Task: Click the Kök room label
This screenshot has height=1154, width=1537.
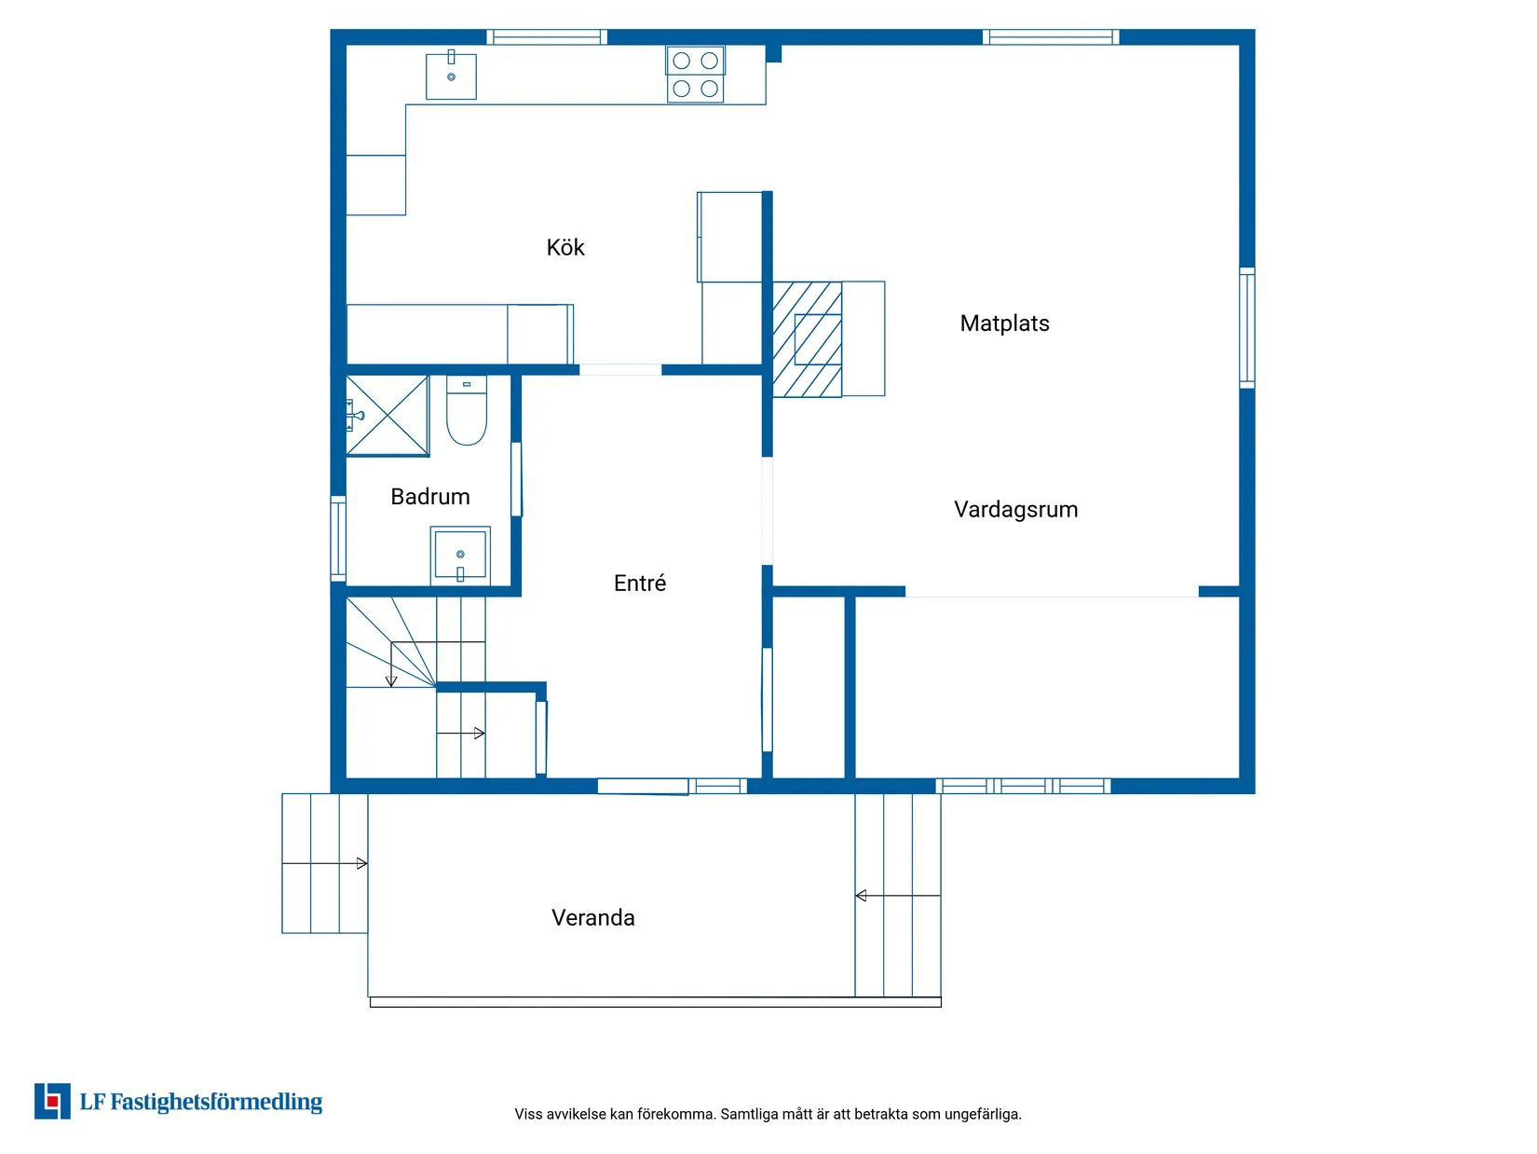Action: click(x=565, y=247)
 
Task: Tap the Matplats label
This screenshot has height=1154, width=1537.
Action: click(x=1004, y=323)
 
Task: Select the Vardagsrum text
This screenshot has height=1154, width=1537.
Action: click(x=1015, y=509)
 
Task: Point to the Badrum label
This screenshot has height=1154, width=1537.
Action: click(x=430, y=497)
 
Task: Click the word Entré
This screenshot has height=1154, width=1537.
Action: click(x=639, y=583)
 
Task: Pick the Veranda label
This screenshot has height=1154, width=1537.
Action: click(x=593, y=918)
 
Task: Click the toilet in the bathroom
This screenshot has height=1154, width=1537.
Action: click(x=467, y=410)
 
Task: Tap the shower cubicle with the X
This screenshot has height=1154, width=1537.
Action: click(x=388, y=416)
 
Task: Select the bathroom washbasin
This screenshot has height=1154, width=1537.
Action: click(x=460, y=555)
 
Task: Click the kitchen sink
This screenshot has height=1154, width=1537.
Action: click(x=451, y=76)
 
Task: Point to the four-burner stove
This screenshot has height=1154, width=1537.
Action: click(x=695, y=75)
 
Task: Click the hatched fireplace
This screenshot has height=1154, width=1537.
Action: click(x=807, y=339)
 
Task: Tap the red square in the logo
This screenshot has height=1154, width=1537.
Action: click(x=52, y=1101)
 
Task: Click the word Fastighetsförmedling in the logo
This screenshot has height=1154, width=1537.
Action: click(x=216, y=1102)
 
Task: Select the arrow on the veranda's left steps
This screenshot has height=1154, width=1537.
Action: click(x=325, y=864)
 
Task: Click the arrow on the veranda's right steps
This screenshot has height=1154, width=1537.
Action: click(x=898, y=896)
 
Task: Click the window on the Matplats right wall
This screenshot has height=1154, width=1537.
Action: click(x=1247, y=327)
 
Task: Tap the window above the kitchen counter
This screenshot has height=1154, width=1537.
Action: click(x=547, y=37)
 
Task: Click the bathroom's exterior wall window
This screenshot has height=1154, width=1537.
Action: click(x=338, y=539)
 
